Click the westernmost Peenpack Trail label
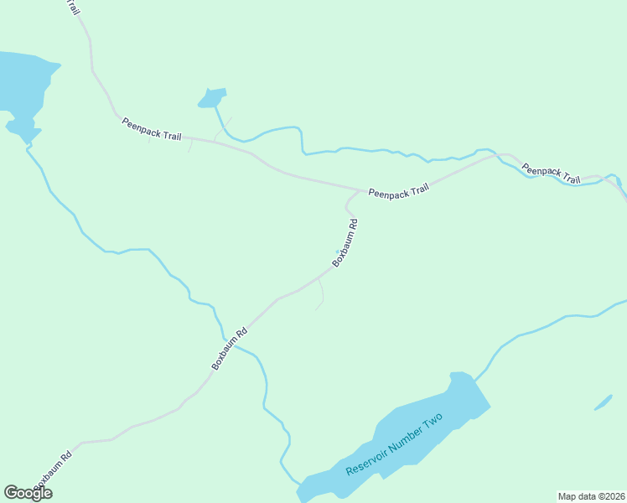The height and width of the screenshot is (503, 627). pyautogui.click(x=152, y=129)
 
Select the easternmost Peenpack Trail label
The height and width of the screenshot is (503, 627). pyautogui.click(x=551, y=174)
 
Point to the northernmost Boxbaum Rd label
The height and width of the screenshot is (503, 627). pyautogui.click(x=345, y=243)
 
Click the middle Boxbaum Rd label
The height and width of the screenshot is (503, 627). pyautogui.click(x=230, y=348)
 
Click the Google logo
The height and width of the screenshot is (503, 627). pyautogui.click(x=28, y=493)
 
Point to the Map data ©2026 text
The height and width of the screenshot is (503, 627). pyautogui.click(x=592, y=496)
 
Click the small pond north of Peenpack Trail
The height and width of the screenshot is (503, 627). pyautogui.click(x=212, y=98)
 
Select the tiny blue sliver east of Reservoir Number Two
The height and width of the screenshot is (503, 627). pyautogui.click(x=603, y=402)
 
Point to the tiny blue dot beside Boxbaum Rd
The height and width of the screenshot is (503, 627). pyautogui.click(x=338, y=251)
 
